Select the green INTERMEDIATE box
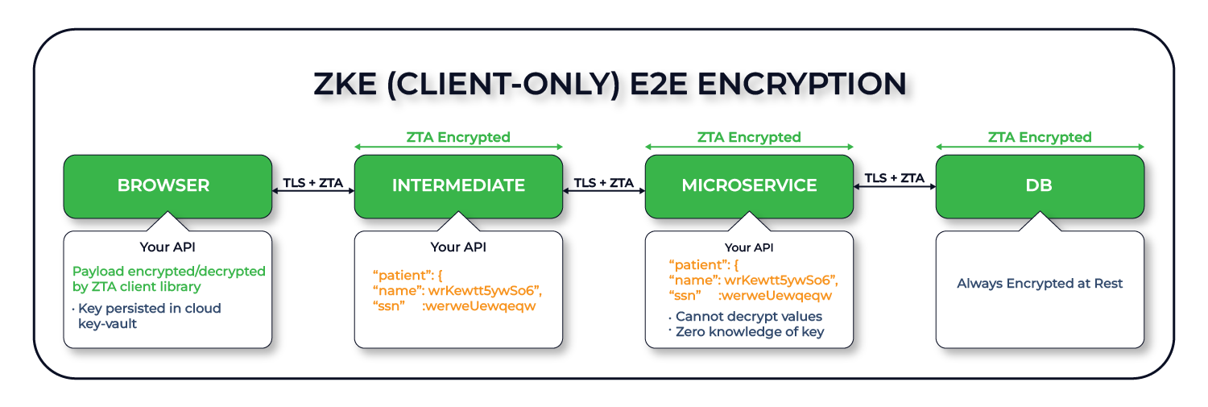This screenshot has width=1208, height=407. pos(458,186)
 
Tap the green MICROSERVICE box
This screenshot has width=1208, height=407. pos(749,186)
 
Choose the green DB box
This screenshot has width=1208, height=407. pos(1040,186)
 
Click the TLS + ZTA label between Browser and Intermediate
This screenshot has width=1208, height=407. pos(313,183)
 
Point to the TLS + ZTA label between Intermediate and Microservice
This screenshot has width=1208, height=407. pos(604,183)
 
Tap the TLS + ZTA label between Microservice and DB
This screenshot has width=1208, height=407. pos(894,178)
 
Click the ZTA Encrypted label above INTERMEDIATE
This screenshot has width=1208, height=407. pos(458,137)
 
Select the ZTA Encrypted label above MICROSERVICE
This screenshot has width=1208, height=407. pos(749,137)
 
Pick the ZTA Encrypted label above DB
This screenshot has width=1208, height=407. pos(1040,137)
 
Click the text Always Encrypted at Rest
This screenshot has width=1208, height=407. pos(1040,284)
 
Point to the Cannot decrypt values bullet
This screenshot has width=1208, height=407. pos(749,317)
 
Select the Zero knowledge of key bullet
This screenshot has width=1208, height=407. pos(749,332)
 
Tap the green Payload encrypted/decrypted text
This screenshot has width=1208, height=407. pos(169,279)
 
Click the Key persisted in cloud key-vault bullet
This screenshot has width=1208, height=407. pos(149,316)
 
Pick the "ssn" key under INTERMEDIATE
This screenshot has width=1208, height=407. pos(388,306)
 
